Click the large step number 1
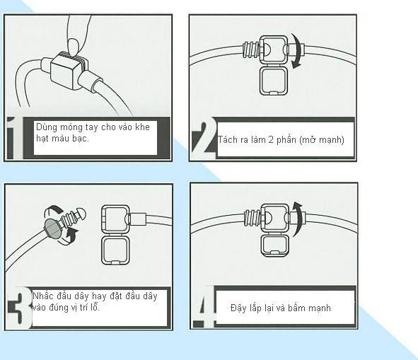tap(15, 138)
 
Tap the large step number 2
tap(204, 138)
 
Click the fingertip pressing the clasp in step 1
tap(73, 47)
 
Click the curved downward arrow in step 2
tap(298, 51)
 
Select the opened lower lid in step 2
tap(274, 80)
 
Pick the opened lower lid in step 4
tap(274, 245)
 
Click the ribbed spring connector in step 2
tap(250, 50)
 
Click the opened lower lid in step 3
tap(116, 250)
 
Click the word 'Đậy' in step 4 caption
tap(237, 308)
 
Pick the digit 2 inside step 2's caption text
tap(271, 139)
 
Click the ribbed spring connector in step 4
tap(252, 218)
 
